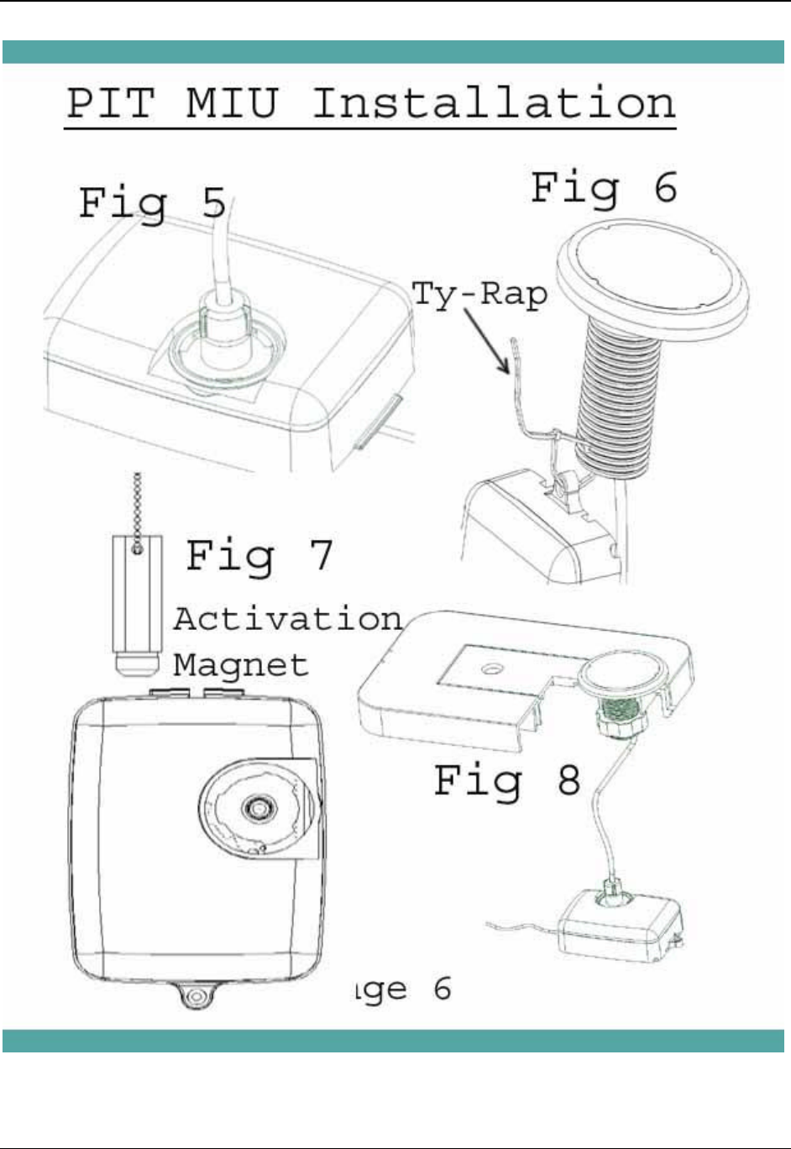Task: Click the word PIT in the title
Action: (x=110, y=104)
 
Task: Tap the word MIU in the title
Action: (x=232, y=104)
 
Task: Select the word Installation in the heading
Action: (x=494, y=104)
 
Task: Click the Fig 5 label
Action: (x=152, y=204)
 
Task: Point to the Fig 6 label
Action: (x=604, y=187)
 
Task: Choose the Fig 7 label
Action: (x=259, y=555)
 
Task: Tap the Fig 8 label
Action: (x=507, y=780)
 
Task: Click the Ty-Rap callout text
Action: (x=479, y=295)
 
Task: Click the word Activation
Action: (x=288, y=619)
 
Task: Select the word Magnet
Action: (x=241, y=664)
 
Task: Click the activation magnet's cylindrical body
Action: (x=137, y=596)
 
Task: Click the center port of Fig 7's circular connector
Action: (x=257, y=808)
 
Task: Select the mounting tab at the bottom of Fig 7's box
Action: (x=196, y=997)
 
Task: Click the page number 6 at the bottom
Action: (x=443, y=989)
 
